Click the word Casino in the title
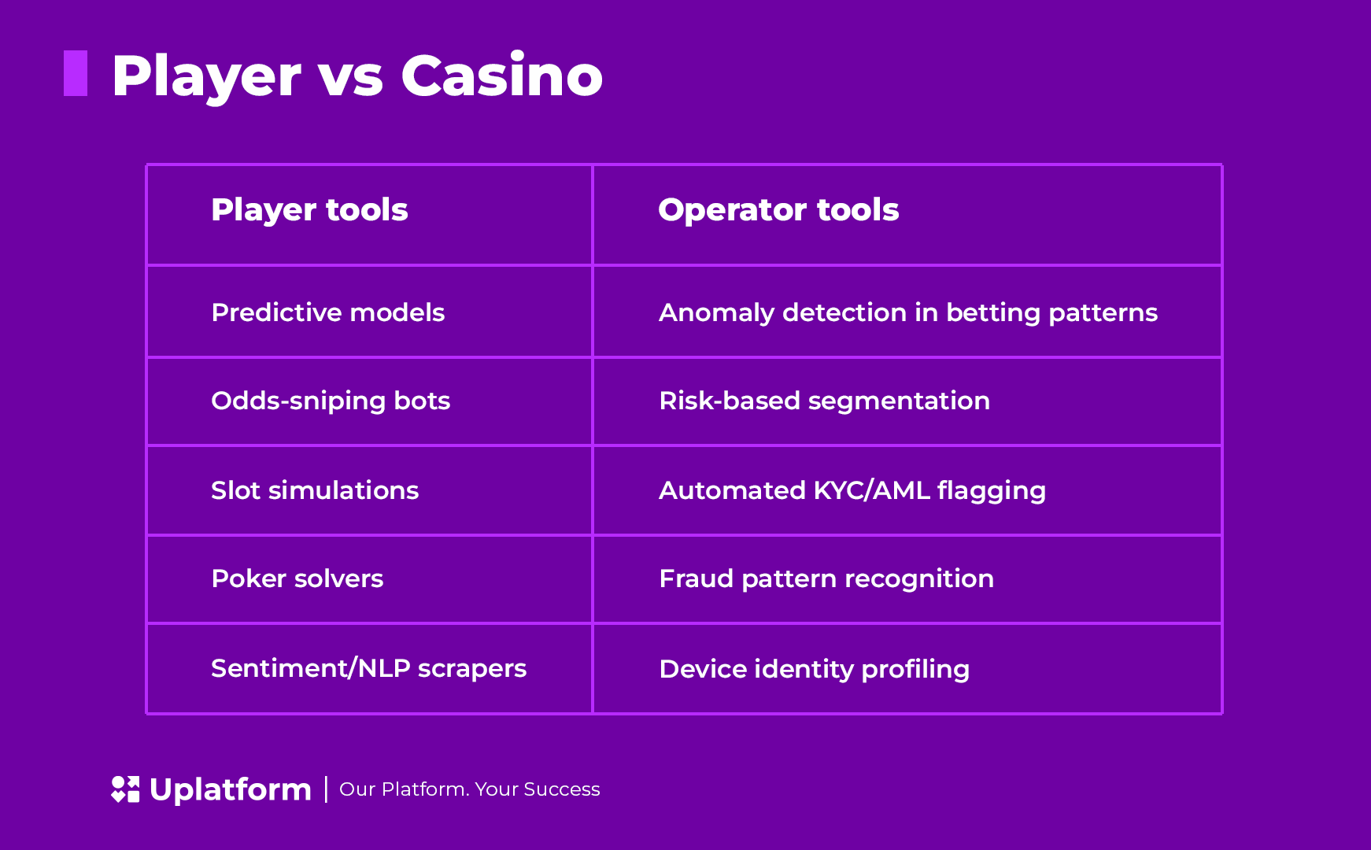click(x=501, y=76)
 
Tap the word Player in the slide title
click(x=206, y=76)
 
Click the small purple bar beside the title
click(x=76, y=73)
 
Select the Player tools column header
click(x=309, y=210)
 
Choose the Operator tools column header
click(x=778, y=210)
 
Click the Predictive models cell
click(x=327, y=312)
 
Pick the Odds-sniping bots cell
click(x=331, y=401)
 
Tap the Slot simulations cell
click(x=315, y=490)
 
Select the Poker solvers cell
click(x=297, y=578)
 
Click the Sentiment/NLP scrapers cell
click(x=368, y=668)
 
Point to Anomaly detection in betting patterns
click(x=907, y=312)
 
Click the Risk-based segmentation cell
click(x=824, y=401)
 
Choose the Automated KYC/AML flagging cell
click(x=852, y=490)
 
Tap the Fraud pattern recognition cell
click(x=826, y=578)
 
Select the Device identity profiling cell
click(x=814, y=669)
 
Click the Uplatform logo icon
click(x=125, y=789)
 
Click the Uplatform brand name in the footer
click(x=230, y=789)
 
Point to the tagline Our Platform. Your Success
click(x=469, y=789)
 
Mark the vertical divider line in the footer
click(x=326, y=789)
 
